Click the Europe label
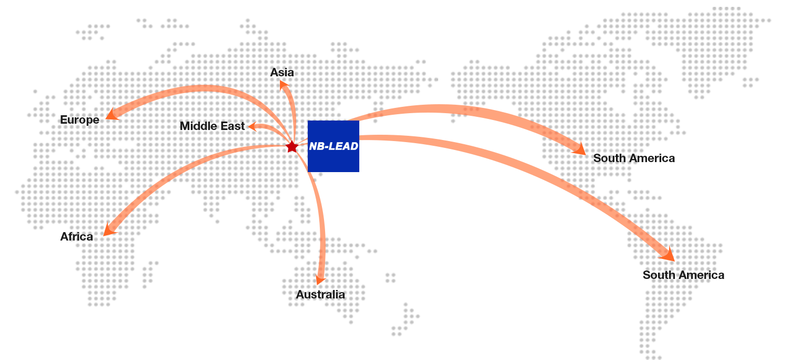click(x=79, y=120)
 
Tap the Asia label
click(x=281, y=73)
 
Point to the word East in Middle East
click(x=233, y=126)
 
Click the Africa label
click(x=77, y=237)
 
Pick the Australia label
click(x=320, y=294)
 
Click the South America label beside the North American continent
click(x=634, y=158)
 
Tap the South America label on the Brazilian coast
click(x=683, y=275)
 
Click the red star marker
click(x=292, y=147)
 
